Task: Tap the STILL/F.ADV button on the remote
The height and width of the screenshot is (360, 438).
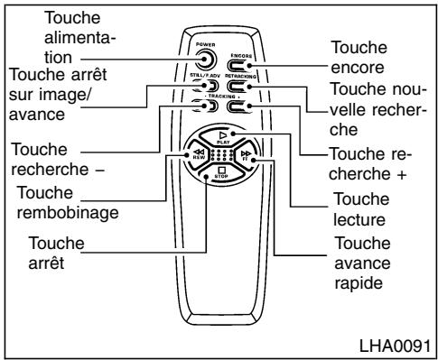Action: (x=197, y=90)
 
